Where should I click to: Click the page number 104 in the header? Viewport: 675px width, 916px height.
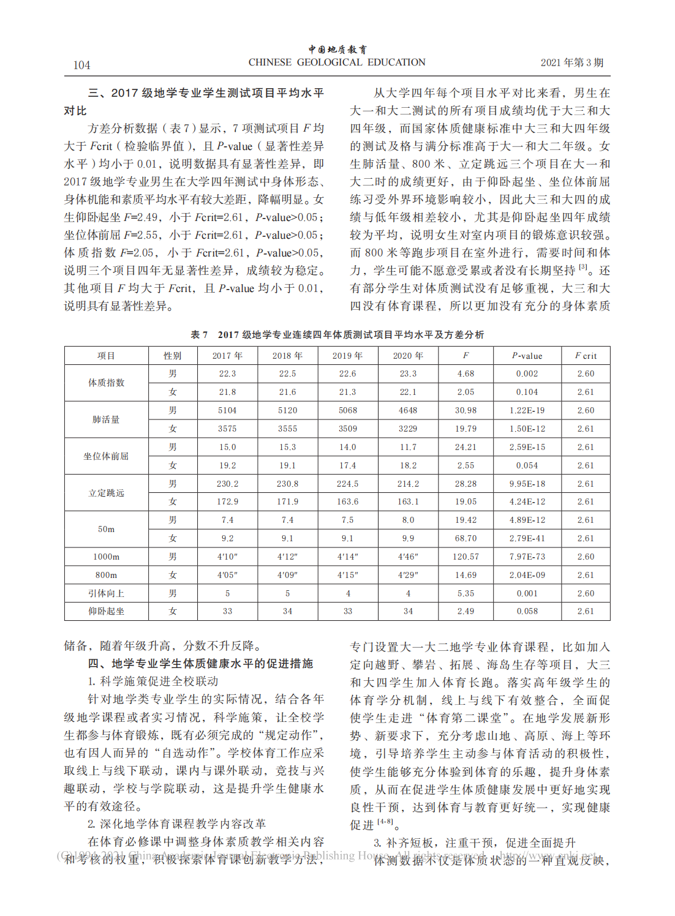point(81,65)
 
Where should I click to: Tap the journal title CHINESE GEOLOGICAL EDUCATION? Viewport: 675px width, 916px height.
point(336,62)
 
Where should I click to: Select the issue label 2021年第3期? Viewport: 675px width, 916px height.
point(571,62)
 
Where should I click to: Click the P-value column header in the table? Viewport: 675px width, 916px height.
point(527,356)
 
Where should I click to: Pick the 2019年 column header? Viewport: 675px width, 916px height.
point(347,356)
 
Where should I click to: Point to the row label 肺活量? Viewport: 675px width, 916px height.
point(106,419)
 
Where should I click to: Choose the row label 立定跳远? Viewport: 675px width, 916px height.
point(106,493)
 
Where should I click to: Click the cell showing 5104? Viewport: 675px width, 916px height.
point(227,410)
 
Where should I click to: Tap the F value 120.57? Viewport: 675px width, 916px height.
point(466,557)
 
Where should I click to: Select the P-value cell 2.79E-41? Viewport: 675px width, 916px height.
point(527,538)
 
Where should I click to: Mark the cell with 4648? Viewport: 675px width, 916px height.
point(408,410)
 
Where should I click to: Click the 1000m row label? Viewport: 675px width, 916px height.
point(106,557)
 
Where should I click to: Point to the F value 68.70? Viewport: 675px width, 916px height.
point(466,538)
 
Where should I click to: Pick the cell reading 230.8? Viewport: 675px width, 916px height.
point(287,484)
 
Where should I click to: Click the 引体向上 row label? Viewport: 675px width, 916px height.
point(106,593)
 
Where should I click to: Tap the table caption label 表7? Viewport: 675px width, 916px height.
point(199,334)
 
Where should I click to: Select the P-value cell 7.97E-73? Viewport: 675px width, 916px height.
point(527,557)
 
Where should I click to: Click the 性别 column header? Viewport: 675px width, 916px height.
point(173,356)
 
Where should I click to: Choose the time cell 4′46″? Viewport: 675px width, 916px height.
point(408,557)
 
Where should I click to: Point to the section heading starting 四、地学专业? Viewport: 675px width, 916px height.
point(200,664)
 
